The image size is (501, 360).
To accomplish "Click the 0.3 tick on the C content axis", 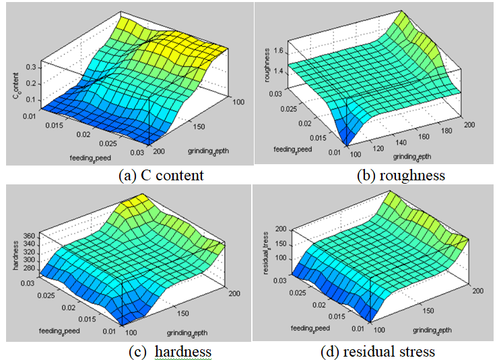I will click(x=30, y=67).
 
